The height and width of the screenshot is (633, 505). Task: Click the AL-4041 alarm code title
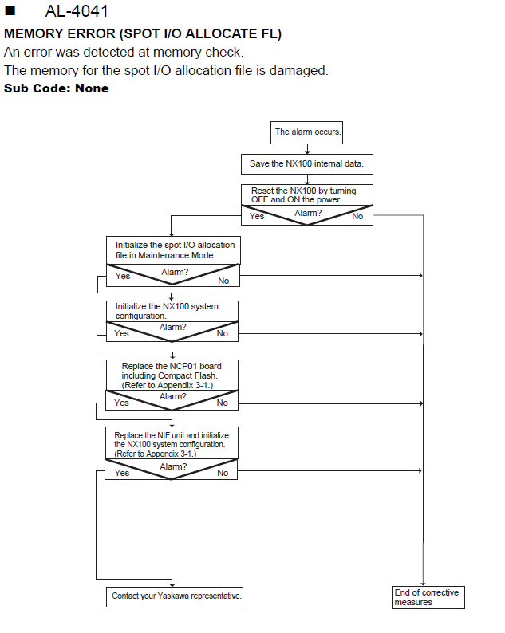(x=77, y=11)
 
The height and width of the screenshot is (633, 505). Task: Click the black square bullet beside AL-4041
(x=10, y=10)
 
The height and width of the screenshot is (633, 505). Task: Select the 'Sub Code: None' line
(x=57, y=88)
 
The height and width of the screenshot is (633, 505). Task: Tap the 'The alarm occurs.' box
(x=306, y=132)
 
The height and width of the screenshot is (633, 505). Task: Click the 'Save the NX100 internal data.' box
(x=307, y=164)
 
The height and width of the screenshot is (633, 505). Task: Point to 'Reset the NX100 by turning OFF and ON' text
(x=303, y=195)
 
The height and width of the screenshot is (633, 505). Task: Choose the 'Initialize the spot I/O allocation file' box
(x=173, y=250)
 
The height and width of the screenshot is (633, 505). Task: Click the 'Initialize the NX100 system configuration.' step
(x=172, y=311)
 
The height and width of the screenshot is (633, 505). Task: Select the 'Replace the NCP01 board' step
(x=172, y=375)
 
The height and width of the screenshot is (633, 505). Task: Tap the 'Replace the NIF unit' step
(x=172, y=443)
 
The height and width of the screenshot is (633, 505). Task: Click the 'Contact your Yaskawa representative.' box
(x=175, y=596)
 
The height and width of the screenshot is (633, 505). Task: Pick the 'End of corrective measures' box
(x=428, y=597)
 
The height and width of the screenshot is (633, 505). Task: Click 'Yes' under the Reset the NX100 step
(x=257, y=216)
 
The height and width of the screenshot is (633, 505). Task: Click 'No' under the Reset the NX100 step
(x=357, y=216)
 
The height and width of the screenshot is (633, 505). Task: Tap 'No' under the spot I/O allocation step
(x=223, y=281)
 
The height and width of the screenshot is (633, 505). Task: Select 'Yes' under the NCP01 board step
(x=121, y=403)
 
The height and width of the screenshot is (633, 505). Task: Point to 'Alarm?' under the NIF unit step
(x=173, y=466)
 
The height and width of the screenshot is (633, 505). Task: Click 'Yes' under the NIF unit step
(x=121, y=473)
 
